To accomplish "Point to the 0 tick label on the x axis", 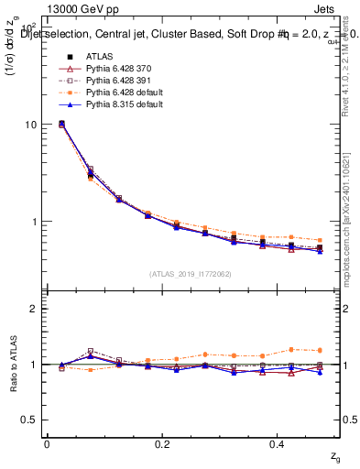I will (x=47, y=442).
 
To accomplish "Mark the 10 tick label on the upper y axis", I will (x=30, y=125).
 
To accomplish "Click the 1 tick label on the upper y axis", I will (x=33, y=222).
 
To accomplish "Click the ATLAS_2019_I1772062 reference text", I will (x=190, y=274).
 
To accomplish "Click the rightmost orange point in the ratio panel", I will (x=320, y=350).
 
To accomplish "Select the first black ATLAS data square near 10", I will (x=61, y=124).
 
